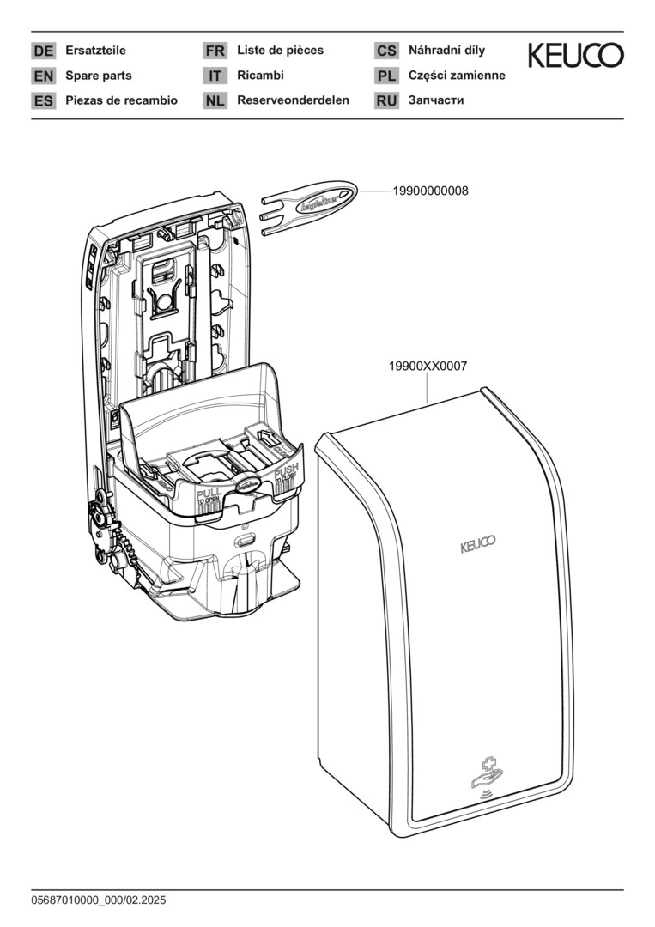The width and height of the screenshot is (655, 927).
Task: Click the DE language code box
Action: pyautogui.click(x=43, y=51)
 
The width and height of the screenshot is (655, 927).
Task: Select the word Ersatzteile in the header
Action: pyautogui.click(x=95, y=51)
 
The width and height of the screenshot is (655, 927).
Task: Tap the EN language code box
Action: pyautogui.click(x=43, y=76)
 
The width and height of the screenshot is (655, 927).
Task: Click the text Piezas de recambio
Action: pyautogui.click(x=121, y=100)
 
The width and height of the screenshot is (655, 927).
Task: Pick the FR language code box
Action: pyautogui.click(x=215, y=51)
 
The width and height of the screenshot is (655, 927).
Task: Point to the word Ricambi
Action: pyautogui.click(x=260, y=76)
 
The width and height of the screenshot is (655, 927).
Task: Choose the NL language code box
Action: pyautogui.click(x=215, y=101)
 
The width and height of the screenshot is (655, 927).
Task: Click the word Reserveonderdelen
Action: pyautogui.click(x=293, y=100)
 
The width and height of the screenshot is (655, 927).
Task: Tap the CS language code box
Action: pyautogui.click(x=386, y=51)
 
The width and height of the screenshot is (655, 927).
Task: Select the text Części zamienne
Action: pyautogui.click(x=457, y=76)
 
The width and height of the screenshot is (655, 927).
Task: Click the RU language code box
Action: pyautogui.click(x=386, y=101)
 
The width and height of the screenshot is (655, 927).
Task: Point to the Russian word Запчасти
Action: pyautogui.click(x=436, y=100)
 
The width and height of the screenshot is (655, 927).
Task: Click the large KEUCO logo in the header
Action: pyautogui.click(x=575, y=57)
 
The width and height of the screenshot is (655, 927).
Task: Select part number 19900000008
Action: pyautogui.click(x=430, y=191)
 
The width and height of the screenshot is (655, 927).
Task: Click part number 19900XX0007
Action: pyautogui.click(x=428, y=366)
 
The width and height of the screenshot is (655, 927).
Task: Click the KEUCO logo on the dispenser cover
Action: pyautogui.click(x=477, y=542)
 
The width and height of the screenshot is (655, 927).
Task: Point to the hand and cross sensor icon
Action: pyautogui.click(x=485, y=773)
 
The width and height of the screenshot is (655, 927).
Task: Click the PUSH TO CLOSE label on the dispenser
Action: pyautogui.click(x=286, y=476)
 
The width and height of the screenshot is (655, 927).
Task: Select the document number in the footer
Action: pyautogui.click(x=98, y=900)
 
